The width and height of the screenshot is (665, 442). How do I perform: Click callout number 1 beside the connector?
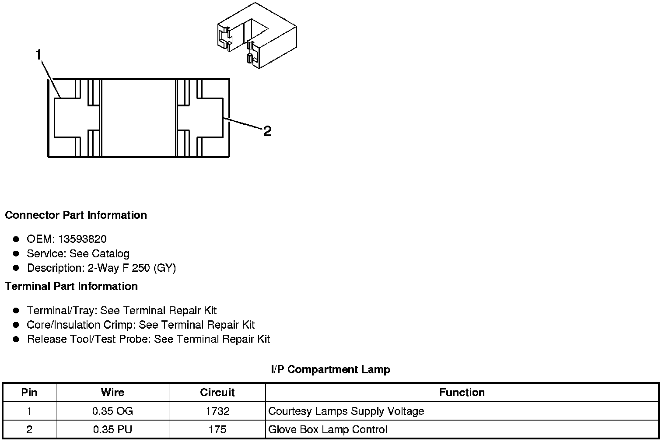click(x=38, y=55)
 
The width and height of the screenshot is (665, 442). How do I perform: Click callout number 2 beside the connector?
click(x=267, y=131)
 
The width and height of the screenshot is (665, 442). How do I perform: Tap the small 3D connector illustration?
click(x=256, y=36)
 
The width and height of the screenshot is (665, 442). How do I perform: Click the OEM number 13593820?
click(x=82, y=239)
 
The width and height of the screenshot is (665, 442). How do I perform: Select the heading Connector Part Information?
click(x=76, y=215)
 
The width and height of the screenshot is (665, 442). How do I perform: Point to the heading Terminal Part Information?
click(x=71, y=287)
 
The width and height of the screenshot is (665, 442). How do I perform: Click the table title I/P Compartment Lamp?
click(x=330, y=370)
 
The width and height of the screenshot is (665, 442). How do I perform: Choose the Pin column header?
click(x=29, y=393)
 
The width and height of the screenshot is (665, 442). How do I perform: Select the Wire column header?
click(x=112, y=393)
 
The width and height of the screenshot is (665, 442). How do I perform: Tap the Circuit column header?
click(x=217, y=393)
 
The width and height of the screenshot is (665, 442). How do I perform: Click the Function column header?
click(x=462, y=393)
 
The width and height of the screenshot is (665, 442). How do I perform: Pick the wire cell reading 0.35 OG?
click(x=112, y=411)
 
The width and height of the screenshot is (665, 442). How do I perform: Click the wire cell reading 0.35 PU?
click(x=112, y=430)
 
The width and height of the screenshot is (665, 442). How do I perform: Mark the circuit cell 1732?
click(x=217, y=411)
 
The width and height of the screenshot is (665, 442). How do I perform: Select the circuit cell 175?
click(x=217, y=430)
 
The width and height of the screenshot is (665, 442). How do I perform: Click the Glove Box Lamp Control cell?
click(x=328, y=430)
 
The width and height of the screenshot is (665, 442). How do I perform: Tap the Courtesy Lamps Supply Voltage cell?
click(x=346, y=411)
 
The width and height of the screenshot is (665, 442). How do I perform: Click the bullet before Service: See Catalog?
click(x=16, y=253)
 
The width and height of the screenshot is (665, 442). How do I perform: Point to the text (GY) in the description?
click(x=164, y=268)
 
